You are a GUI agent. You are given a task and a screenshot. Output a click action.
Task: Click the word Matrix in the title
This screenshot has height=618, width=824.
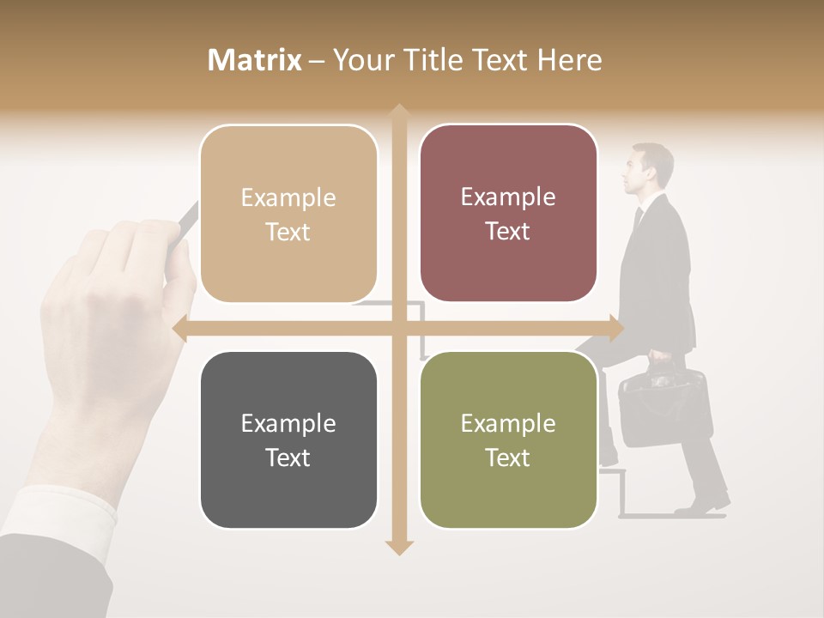[x=255, y=60]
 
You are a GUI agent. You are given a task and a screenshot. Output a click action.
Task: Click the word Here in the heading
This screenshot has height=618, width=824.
[x=570, y=60]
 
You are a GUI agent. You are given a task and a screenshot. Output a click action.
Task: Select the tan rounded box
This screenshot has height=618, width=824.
[x=288, y=214]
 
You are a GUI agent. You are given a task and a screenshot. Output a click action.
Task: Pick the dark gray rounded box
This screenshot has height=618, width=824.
[x=288, y=439]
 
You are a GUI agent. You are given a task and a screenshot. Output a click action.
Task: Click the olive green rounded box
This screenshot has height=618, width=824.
[x=508, y=439]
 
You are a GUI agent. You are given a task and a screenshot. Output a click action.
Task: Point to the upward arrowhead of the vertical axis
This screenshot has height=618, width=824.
[x=398, y=112]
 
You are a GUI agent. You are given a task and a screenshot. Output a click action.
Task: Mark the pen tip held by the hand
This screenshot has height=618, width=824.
[x=191, y=210]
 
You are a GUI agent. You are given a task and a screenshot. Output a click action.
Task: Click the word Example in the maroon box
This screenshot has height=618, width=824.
[x=508, y=197]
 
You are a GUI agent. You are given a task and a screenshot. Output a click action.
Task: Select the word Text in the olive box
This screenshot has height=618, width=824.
[x=508, y=457]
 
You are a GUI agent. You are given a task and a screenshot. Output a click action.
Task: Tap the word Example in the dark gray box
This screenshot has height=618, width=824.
[x=288, y=423]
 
